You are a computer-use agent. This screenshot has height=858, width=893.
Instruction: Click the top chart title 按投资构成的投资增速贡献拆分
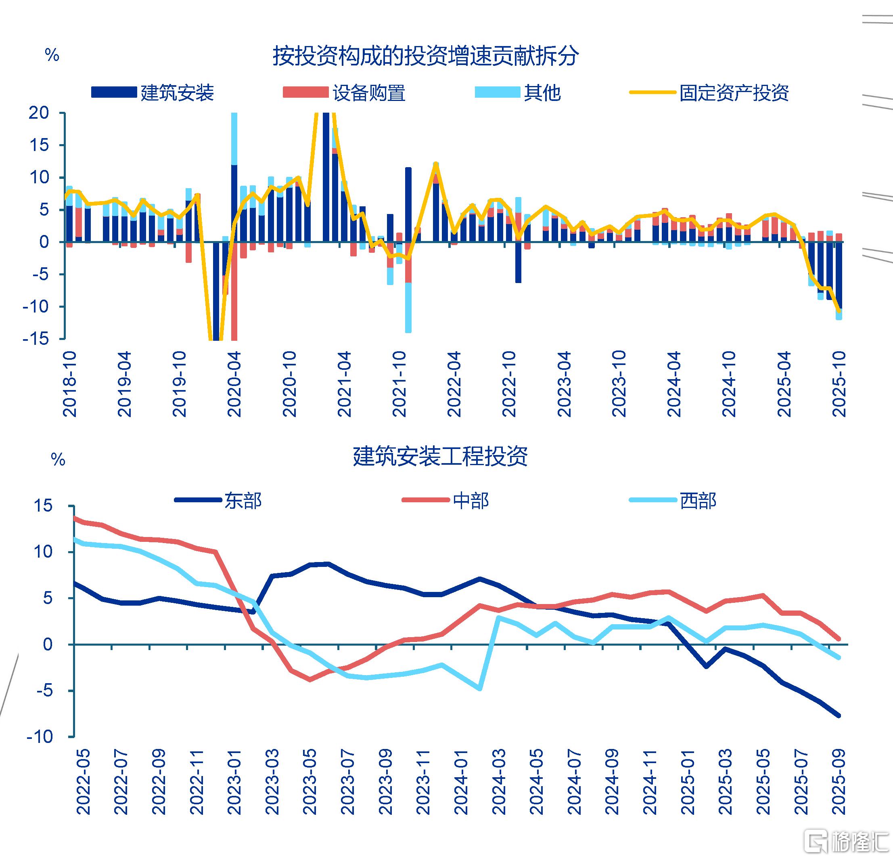426,56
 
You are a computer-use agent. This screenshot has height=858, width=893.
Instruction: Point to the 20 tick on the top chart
39,113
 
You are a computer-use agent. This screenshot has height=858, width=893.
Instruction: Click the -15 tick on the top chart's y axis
36,339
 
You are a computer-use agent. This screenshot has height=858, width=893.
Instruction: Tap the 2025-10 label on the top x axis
839,384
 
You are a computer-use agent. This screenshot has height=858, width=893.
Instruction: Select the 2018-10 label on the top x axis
70,384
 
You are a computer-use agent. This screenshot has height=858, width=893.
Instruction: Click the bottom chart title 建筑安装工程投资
440,456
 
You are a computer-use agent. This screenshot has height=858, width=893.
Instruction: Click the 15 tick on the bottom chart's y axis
43,506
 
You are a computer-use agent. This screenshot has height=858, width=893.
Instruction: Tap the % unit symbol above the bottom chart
58,460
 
